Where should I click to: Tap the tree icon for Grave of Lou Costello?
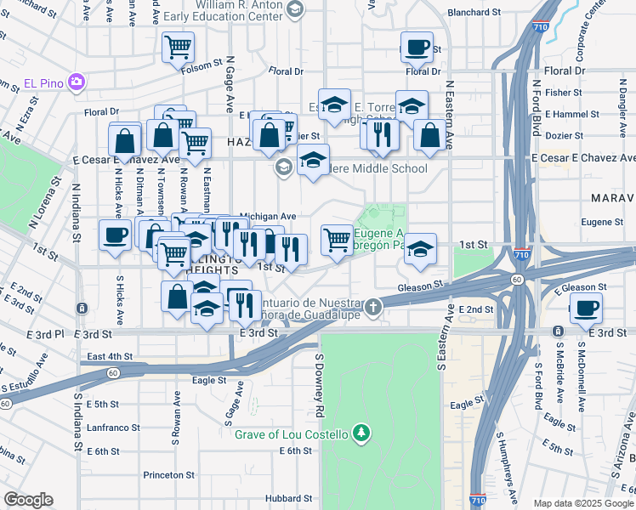point(361,434)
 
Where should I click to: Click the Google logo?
point(28,500)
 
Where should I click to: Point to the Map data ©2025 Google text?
point(582,502)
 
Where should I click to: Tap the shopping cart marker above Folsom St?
point(179,48)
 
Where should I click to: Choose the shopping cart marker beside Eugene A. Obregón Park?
point(338,240)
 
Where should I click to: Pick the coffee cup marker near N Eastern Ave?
point(417,48)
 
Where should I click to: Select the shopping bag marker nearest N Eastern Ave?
point(430,135)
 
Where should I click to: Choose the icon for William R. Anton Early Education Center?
point(295,9)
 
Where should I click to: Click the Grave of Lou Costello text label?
point(292,434)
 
